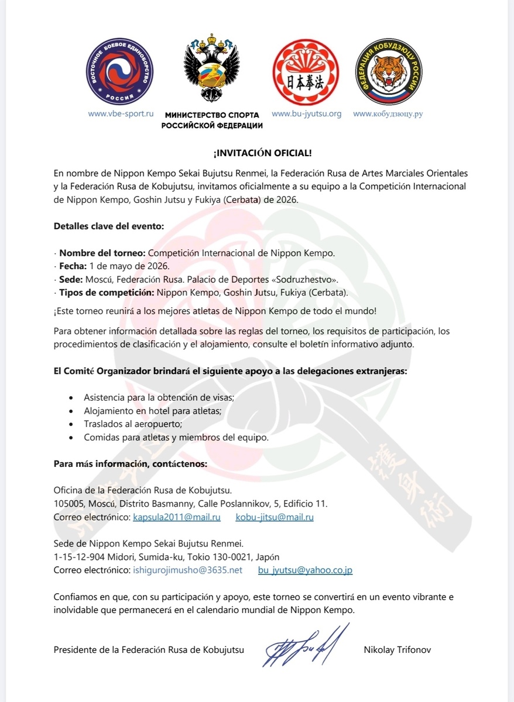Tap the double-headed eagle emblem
[x=211, y=73]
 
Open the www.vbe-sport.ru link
[x=121, y=113]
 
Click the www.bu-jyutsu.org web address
[x=306, y=113]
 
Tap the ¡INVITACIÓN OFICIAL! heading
[x=262, y=153]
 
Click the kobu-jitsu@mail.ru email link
[x=275, y=517]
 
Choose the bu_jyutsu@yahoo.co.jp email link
[x=305, y=570]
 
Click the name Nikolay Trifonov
[x=397, y=649]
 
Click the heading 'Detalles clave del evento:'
[x=109, y=225]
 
